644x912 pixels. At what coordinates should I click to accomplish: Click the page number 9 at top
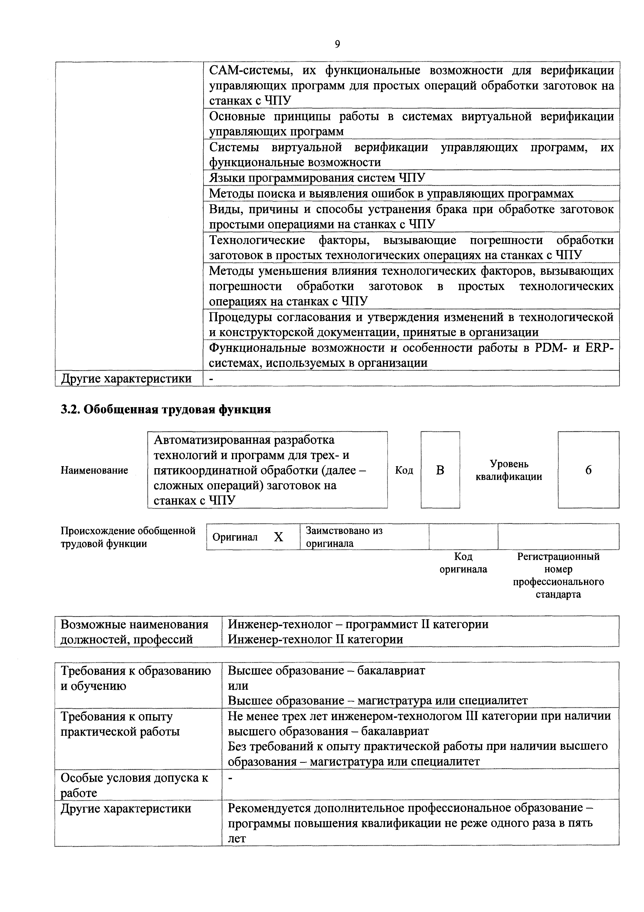(x=337, y=44)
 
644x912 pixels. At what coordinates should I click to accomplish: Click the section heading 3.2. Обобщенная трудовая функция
(x=165, y=409)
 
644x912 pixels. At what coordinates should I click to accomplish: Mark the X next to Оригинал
(x=278, y=537)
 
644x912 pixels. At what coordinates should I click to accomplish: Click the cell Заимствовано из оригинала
(x=344, y=537)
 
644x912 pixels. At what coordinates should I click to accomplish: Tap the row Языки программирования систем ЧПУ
(x=317, y=178)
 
